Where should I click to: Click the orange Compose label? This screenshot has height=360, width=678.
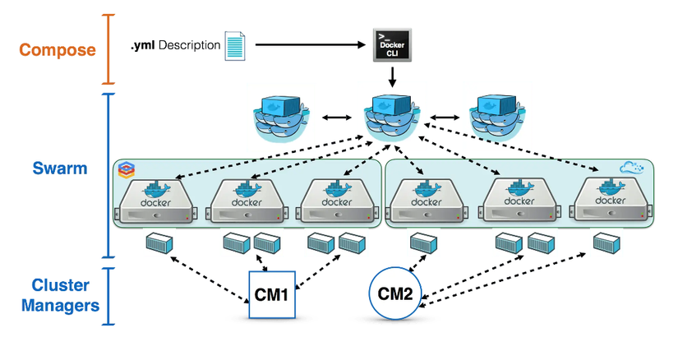(x=58, y=49)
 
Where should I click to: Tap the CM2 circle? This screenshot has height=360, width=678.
(x=395, y=293)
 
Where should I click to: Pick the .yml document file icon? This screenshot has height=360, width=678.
(x=234, y=44)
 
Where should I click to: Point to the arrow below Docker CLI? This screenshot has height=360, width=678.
(x=392, y=77)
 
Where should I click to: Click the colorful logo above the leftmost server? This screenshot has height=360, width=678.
(x=125, y=170)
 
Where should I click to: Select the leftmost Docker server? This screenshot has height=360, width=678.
(x=155, y=201)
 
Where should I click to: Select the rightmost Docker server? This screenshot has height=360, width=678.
(x=608, y=201)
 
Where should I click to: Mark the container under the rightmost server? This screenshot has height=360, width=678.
(x=607, y=243)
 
